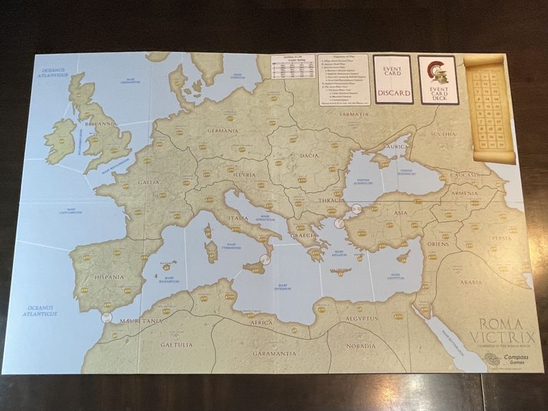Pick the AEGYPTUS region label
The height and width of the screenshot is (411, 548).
tap(361, 319)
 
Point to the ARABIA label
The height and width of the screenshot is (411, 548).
tap(471, 282)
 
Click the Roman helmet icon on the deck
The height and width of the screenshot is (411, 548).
tap(434, 70)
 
